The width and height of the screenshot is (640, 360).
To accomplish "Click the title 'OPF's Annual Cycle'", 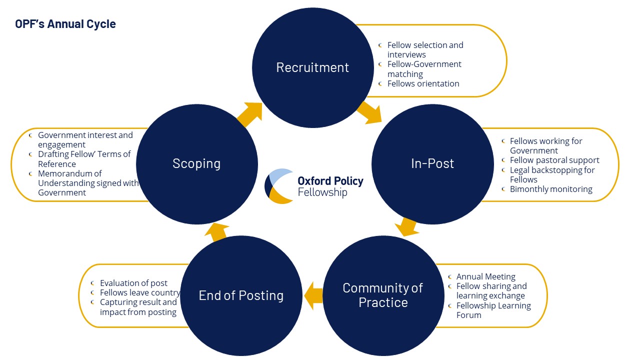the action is point(65,24).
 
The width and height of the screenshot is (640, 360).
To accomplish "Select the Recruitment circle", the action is point(313,67).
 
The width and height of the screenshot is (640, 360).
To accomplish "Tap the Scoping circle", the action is point(197,164).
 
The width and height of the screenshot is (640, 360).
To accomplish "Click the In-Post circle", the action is point(432,164).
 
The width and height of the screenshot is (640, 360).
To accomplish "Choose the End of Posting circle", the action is point(241,295).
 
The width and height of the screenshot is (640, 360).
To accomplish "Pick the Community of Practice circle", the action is point(383,295).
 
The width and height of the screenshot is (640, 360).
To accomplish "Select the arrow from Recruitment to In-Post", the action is point(369,113).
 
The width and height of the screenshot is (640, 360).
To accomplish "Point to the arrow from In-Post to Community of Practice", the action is point(406,227).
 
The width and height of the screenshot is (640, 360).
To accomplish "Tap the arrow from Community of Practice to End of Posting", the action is point(313,295).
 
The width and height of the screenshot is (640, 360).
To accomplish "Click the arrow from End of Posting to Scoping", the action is point(216,232).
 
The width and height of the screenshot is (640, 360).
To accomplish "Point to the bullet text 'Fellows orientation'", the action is point(423,83).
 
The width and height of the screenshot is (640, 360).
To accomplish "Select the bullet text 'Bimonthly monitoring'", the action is point(551,189).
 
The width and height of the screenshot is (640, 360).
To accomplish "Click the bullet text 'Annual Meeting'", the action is point(485,276).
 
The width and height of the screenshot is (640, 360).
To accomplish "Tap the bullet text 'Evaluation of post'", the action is point(133,283).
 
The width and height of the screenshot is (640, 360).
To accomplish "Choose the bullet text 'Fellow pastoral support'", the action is point(554,160).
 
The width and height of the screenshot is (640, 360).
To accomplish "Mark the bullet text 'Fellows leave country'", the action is point(140,293).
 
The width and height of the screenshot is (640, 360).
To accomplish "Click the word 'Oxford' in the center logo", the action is point(313,181).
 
